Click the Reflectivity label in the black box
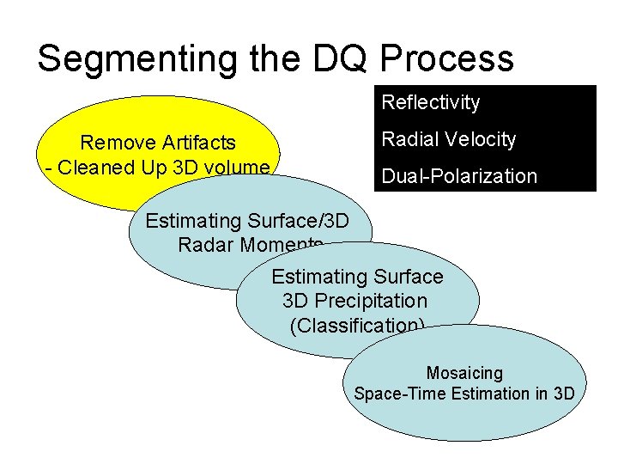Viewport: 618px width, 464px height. click(x=430, y=103)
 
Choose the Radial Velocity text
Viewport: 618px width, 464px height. click(x=448, y=139)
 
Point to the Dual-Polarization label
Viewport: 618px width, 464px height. click(x=459, y=176)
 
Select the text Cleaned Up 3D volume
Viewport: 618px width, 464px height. click(x=164, y=166)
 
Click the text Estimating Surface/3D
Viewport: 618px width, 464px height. click(x=247, y=221)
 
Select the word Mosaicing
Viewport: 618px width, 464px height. click(x=464, y=373)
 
